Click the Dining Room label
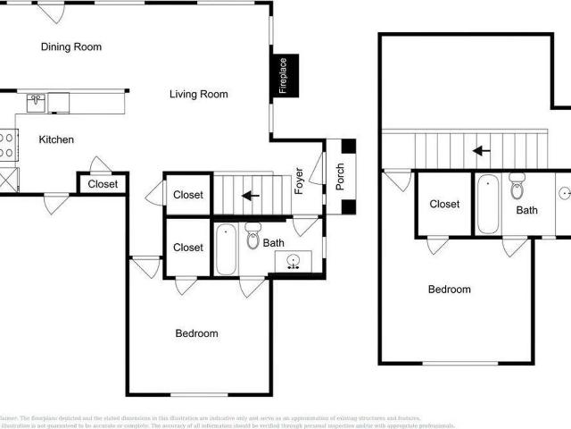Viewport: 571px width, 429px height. (x=71, y=46)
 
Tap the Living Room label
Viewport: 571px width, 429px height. (x=199, y=94)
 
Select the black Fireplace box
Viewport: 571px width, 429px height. (x=284, y=75)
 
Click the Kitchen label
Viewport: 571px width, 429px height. (x=56, y=139)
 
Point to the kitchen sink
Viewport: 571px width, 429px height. (x=36, y=103)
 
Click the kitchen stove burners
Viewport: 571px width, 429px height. (x=7, y=145)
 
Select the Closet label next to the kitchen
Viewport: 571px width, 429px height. (x=103, y=185)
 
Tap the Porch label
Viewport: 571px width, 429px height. (x=340, y=180)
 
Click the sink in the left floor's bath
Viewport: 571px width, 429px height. (x=293, y=261)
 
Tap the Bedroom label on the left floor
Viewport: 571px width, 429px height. (x=196, y=333)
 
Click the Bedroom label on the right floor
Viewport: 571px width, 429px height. (x=450, y=290)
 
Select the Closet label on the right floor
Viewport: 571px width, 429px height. (x=444, y=204)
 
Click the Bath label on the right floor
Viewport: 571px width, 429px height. (x=526, y=211)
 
